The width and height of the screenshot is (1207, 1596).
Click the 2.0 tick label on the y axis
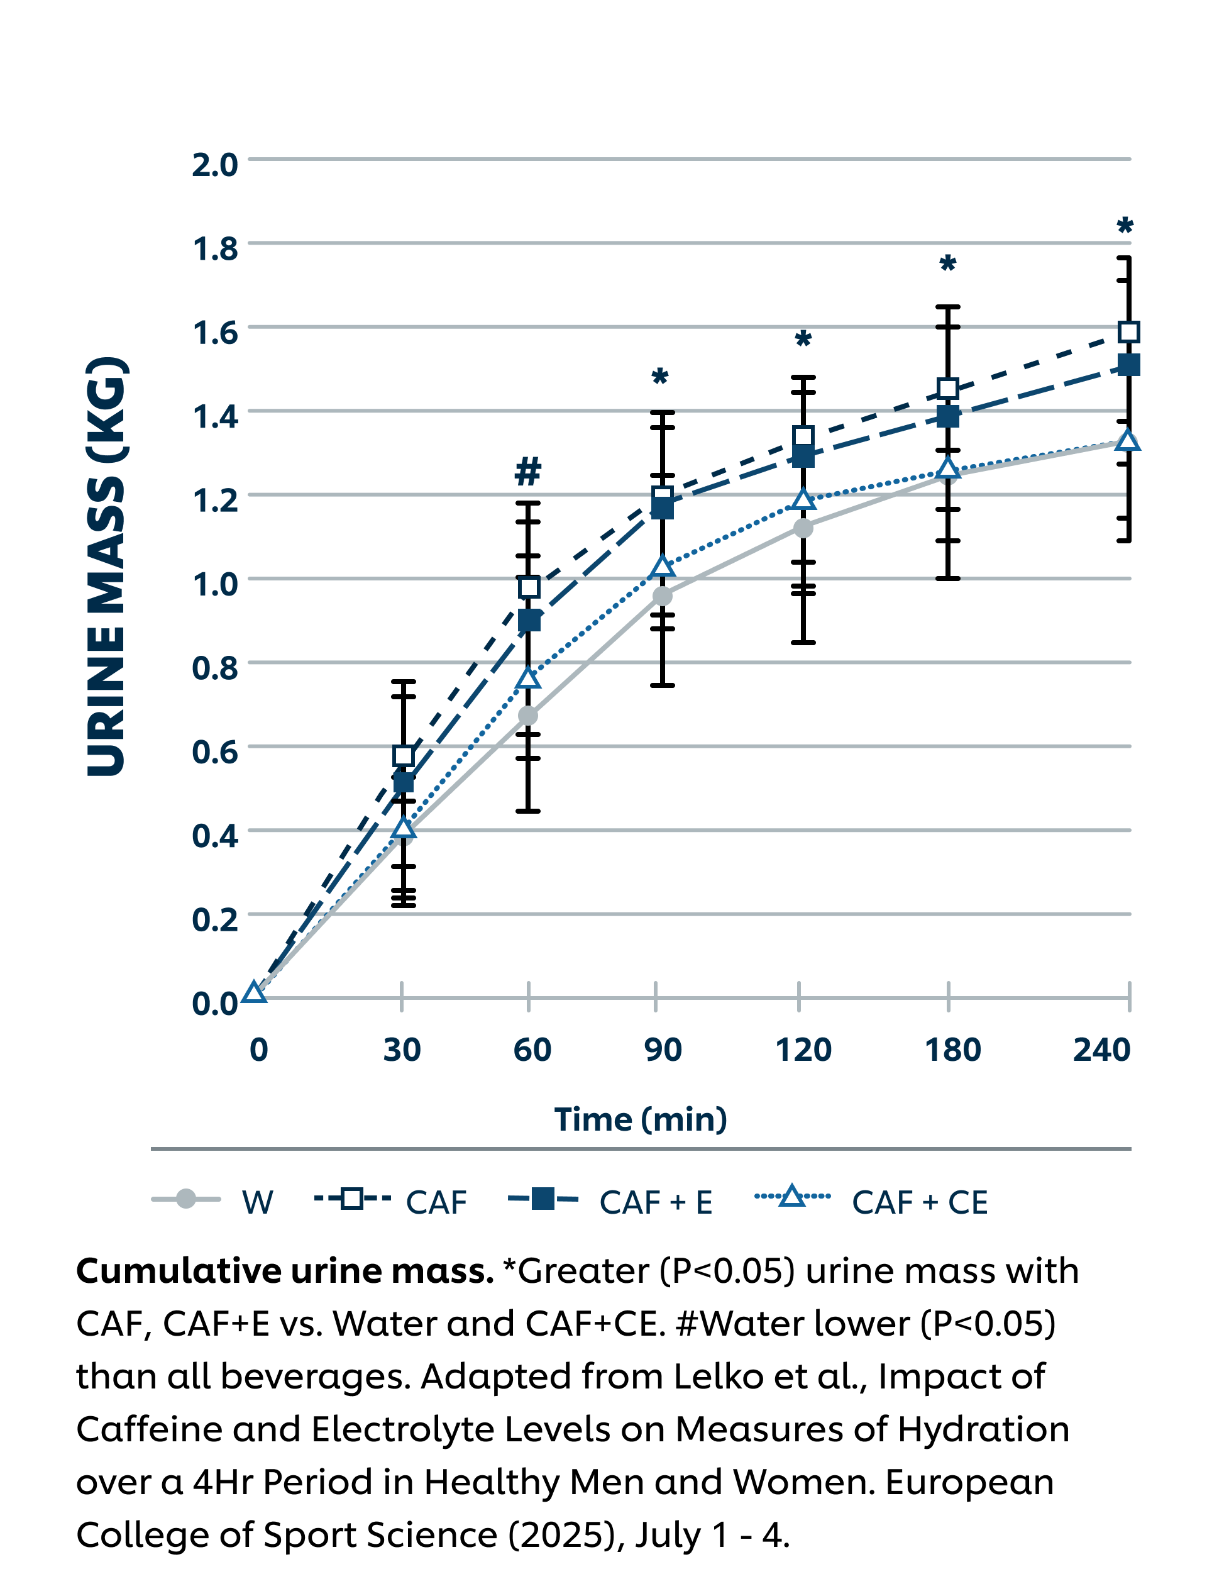(214, 165)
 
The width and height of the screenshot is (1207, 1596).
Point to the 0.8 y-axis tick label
(214, 667)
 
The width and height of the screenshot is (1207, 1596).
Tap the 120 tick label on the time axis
(803, 1049)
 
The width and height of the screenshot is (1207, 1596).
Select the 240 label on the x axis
(1101, 1049)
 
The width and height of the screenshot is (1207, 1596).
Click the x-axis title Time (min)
(640, 1119)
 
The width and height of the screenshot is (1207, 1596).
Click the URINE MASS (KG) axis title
(107, 567)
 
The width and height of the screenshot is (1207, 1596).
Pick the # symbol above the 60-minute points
(527, 471)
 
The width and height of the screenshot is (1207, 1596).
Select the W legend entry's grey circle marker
(186, 1199)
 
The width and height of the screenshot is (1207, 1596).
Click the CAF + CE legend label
(919, 1203)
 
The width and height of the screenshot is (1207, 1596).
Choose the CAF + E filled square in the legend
(543, 1199)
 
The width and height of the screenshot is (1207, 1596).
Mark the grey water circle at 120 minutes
(803, 528)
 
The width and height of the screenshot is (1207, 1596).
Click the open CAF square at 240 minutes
(1128, 332)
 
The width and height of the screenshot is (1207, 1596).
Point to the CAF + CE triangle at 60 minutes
(529, 679)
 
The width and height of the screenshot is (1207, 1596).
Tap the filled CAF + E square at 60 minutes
(529, 620)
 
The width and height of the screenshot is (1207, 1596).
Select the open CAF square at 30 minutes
(404, 756)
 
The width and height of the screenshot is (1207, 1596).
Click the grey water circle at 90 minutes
(661, 596)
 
